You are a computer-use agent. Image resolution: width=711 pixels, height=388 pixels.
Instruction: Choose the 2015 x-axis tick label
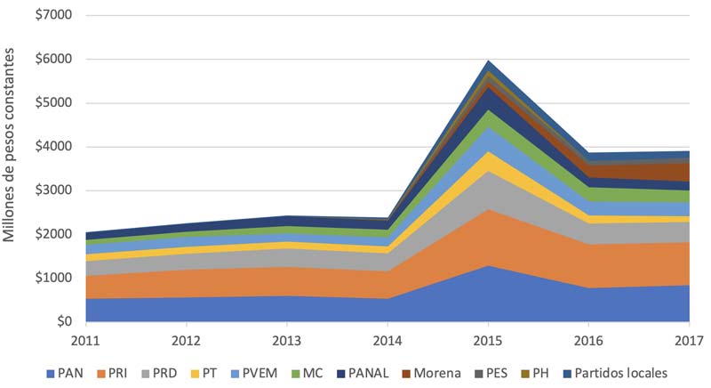(x=488, y=341)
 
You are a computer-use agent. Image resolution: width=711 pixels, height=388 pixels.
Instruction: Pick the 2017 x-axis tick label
(x=690, y=341)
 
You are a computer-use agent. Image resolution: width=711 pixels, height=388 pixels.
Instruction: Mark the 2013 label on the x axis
(x=286, y=341)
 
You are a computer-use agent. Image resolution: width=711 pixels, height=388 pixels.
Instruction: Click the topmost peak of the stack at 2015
(x=488, y=61)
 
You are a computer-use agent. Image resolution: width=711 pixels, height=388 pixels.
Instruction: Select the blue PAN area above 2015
(x=488, y=294)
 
